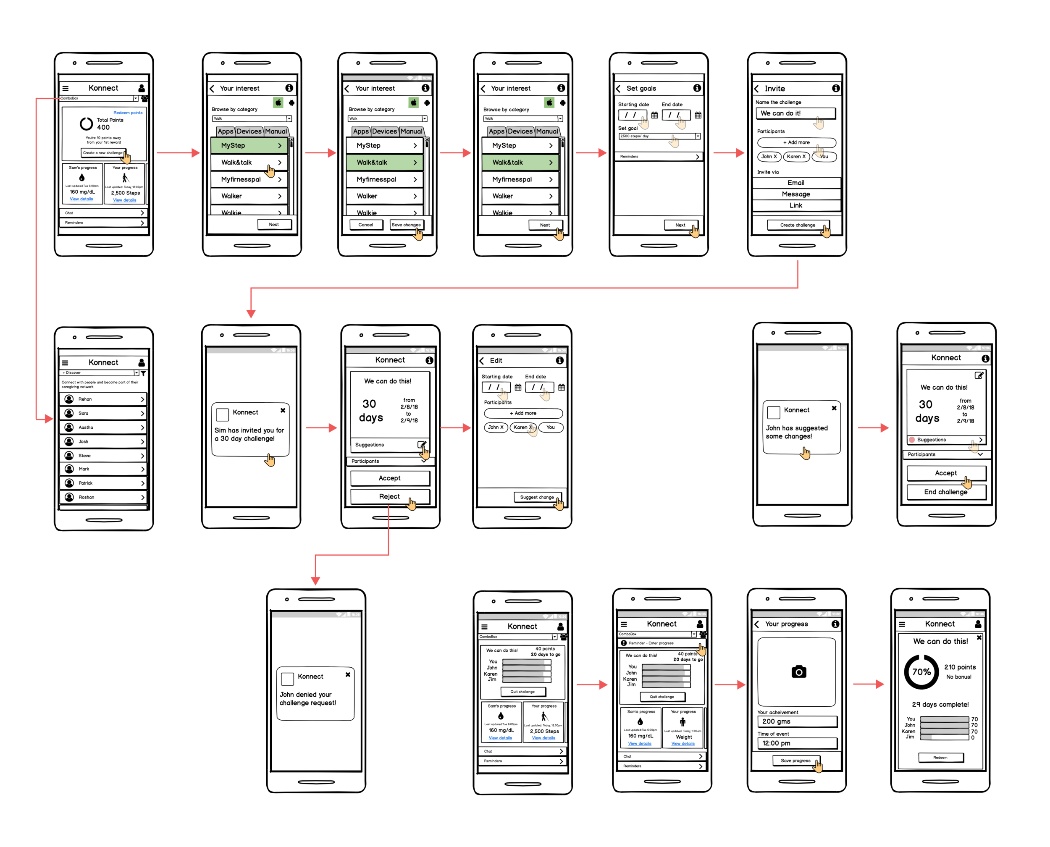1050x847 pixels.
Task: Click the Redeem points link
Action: click(x=128, y=113)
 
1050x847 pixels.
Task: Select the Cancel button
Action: click(x=365, y=225)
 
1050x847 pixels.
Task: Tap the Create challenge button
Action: click(x=797, y=225)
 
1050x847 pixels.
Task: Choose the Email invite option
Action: click(x=796, y=183)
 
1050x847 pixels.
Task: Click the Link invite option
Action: click(x=796, y=205)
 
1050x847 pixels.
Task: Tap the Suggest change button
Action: click(x=537, y=497)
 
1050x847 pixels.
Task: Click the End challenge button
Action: click(x=945, y=492)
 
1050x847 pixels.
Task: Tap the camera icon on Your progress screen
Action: click(x=799, y=672)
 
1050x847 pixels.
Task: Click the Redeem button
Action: click(x=940, y=758)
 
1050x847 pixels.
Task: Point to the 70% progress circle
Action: click(x=921, y=672)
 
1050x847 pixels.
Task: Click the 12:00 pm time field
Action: click(x=797, y=743)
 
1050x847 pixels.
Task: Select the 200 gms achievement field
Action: click(x=797, y=721)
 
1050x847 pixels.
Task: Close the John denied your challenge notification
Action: click(x=348, y=675)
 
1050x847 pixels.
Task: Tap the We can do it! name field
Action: click(x=795, y=113)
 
